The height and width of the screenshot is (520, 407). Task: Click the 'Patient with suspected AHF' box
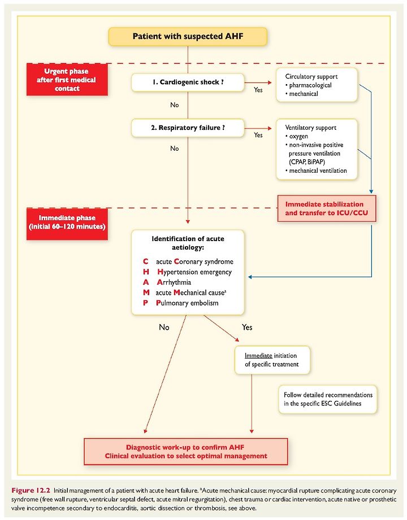click(x=188, y=37)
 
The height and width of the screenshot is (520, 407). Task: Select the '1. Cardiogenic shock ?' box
click(x=188, y=82)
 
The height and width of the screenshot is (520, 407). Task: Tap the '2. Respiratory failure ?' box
click(x=188, y=128)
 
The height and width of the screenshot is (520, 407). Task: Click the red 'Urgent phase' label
click(x=67, y=80)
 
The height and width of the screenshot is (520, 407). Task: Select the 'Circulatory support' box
click(x=317, y=85)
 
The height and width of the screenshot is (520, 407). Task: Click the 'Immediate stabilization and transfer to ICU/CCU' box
click(x=327, y=208)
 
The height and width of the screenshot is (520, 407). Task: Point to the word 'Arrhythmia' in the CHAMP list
click(x=174, y=282)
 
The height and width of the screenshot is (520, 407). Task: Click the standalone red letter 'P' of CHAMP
click(x=145, y=303)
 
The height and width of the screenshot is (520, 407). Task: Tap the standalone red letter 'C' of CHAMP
click(x=145, y=261)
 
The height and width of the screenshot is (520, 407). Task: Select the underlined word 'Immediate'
click(x=258, y=356)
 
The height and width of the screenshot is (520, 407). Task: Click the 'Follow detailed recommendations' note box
click(x=328, y=399)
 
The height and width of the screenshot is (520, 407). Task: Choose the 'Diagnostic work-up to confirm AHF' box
click(x=185, y=452)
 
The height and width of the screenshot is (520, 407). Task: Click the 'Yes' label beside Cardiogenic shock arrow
click(x=258, y=90)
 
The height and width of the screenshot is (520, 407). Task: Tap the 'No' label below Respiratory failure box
click(x=175, y=148)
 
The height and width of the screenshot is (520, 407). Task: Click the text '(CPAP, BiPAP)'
click(x=307, y=162)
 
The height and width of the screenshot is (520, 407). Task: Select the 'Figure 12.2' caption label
click(x=31, y=490)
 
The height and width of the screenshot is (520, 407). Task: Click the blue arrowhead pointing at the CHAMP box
click(x=250, y=277)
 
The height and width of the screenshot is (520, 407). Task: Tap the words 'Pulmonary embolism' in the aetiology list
click(x=187, y=303)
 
